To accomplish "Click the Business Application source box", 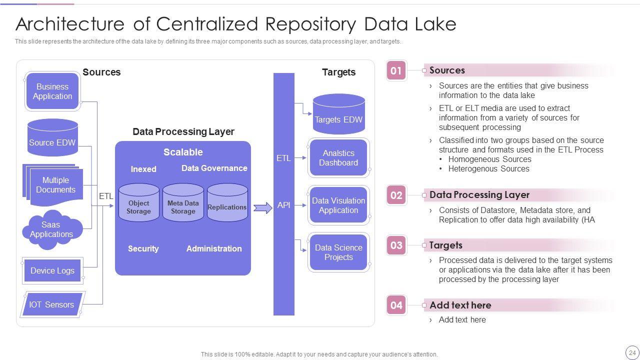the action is pyautogui.click(x=52, y=91).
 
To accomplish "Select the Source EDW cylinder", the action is pyautogui.click(x=52, y=137).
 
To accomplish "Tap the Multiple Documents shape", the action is pyautogui.click(x=53, y=185).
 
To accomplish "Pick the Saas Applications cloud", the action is pyautogui.click(x=52, y=229).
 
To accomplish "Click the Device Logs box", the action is pyautogui.click(x=52, y=270).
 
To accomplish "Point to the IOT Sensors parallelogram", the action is pyautogui.click(x=52, y=304).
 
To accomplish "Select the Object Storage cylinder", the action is pyautogui.click(x=139, y=203).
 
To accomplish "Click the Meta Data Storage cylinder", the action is pyautogui.click(x=183, y=203).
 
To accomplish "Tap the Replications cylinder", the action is pyautogui.click(x=227, y=203).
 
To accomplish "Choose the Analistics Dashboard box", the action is pyautogui.click(x=338, y=157).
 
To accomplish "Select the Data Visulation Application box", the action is pyautogui.click(x=338, y=205).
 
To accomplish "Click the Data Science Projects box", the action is pyautogui.click(x=338, y=252).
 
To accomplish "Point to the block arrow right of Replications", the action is pyautogui.click(x=263, y=207).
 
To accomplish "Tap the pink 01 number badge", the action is pyautogui.click(x=396, y=70).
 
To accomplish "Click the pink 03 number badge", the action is pyautogui.click(x=396, y=245).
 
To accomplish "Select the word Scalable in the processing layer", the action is pyautogui.click(x=183, y=152).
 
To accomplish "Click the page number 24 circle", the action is pyautogui.click(x=632, y=352).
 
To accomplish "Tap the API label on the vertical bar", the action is pyautogui.click(x=283, y=205).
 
